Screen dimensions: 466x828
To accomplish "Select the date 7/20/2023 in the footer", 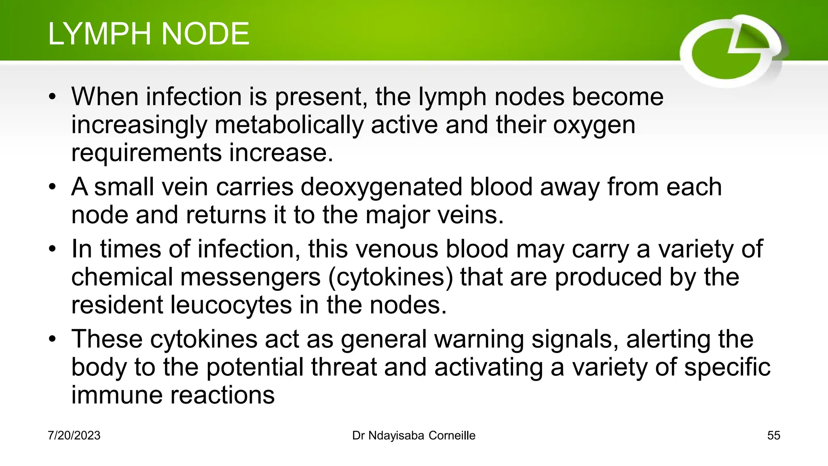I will [74, 436].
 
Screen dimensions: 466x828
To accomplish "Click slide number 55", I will [773, 436].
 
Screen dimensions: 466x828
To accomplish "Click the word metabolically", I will [289, 125].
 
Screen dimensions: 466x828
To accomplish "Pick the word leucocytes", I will [231, 305].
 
